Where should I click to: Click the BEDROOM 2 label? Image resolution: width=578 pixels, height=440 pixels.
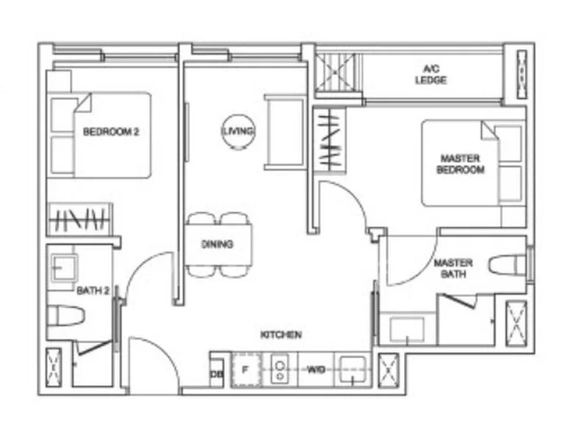(111, 133)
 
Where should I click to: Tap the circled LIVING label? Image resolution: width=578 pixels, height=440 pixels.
(239, 131)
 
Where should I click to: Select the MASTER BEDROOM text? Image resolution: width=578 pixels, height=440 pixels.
(460, 164)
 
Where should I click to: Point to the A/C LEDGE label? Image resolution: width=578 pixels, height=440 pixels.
(430, 75)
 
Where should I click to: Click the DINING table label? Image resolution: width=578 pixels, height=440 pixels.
(219, 244)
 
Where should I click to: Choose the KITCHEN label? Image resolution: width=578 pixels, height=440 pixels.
(281, 334)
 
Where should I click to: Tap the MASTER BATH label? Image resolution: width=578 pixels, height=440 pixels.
(453, 268)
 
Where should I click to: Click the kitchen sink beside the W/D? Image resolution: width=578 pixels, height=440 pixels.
(354, 370)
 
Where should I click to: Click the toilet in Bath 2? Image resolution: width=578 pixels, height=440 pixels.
(65, 316)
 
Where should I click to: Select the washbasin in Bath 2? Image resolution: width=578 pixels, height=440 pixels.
(64, 268)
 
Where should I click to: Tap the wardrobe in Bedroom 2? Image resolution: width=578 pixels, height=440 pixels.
(80, 219)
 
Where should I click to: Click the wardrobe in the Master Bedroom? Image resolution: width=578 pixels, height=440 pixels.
(329, 140)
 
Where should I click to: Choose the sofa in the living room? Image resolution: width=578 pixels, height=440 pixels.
(285, 132)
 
